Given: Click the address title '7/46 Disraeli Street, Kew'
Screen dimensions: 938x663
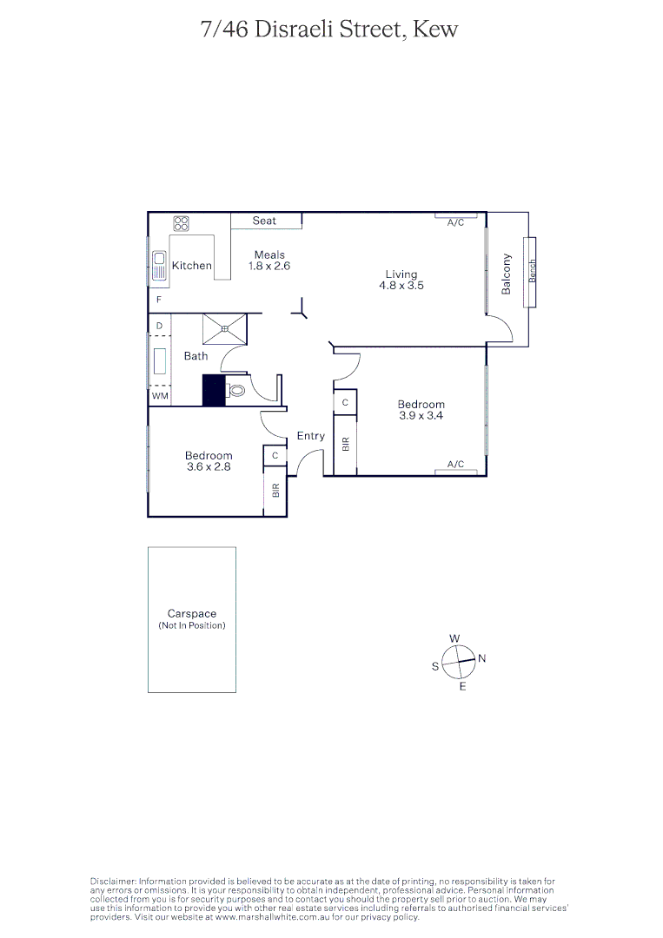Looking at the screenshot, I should point(328,30).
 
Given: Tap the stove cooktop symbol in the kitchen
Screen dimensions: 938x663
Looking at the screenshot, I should point(181,223).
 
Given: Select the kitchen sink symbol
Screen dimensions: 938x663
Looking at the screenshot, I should point(160,265).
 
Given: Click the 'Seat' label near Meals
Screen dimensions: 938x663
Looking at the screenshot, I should point(264,221).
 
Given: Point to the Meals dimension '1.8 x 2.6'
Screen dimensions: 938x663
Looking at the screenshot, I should point(269,266).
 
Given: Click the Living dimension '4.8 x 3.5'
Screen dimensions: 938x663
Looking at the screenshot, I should point(401,285).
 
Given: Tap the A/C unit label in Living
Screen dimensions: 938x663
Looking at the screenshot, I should point(455,223).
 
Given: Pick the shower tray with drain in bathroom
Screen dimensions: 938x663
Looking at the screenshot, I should point(225,328).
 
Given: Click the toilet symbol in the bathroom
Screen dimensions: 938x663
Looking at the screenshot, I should point(236,391).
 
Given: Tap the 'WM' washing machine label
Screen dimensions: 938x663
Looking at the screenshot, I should point(160,396).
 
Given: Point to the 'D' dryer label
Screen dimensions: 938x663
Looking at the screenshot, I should point(159,327).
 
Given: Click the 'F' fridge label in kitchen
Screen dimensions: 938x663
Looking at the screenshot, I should point(159,300).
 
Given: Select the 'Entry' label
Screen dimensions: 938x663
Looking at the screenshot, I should point(310,436).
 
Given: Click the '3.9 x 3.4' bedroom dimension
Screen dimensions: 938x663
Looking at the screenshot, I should point(421,415).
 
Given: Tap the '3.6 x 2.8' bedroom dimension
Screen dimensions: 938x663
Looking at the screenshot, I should point(209,466).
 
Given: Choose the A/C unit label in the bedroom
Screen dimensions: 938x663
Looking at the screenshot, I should point(455,465).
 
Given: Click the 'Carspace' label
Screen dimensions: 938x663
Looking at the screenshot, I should point(191,614).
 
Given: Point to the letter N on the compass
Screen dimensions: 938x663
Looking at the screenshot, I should point(482,658).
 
